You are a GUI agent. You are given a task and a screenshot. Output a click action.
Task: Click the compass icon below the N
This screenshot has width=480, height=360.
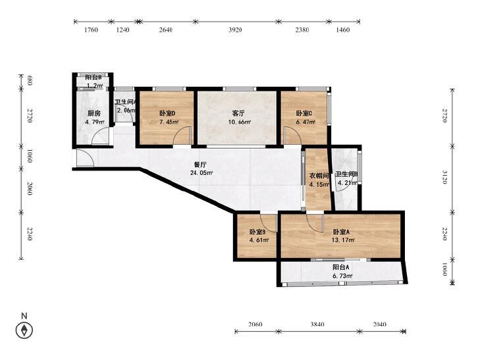[24, 330]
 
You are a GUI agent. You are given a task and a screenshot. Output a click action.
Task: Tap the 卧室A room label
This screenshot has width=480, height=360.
[341, 232]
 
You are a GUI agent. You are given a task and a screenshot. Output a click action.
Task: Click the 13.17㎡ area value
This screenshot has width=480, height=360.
[343, 240]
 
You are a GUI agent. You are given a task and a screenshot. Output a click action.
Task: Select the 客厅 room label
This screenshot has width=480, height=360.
[238, 113]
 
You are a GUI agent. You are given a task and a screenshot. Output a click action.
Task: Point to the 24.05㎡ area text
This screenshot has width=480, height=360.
[201, 173]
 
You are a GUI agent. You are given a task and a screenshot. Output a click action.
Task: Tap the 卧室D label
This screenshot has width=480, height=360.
[167, 113]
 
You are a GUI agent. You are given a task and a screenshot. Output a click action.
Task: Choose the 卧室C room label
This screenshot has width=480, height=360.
[304, 113]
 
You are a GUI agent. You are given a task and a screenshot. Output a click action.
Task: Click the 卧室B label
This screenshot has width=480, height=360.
[257, 232]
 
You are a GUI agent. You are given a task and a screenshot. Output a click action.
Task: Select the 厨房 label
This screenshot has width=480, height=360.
[94, 113]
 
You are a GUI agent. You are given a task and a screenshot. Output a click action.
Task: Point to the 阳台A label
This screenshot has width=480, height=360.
[341, 267]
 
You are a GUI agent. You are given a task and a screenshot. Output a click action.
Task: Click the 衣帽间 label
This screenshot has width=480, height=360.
[319, 176]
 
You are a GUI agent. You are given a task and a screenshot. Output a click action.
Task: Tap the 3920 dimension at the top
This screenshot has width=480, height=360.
[235, 30]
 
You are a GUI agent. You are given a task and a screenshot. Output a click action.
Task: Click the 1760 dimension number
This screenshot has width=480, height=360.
[91, 30]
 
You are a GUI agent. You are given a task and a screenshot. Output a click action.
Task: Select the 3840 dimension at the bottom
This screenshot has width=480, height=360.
[317, 324]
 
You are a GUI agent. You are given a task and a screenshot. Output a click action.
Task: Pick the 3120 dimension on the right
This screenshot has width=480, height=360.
[445, 178]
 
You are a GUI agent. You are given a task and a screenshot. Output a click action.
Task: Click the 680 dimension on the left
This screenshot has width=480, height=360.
[30, 81]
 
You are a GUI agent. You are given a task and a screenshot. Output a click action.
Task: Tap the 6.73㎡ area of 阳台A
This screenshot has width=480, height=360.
[342, 276]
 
